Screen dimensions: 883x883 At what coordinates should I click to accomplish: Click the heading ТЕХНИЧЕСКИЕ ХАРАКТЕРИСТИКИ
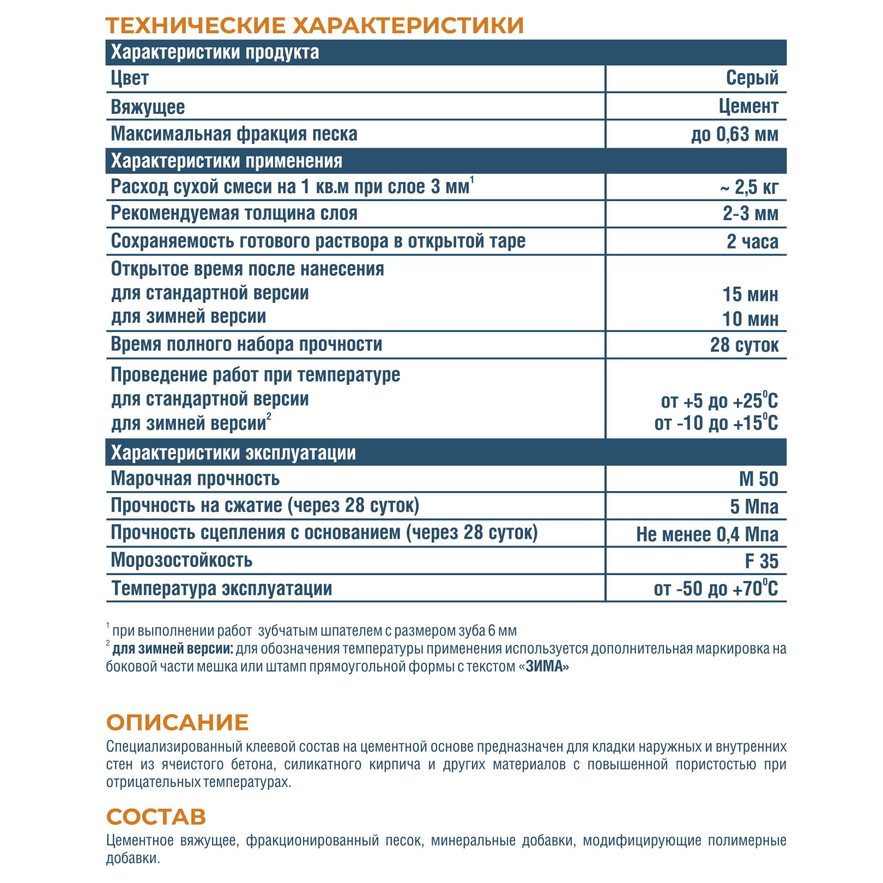click(x=315, y=26)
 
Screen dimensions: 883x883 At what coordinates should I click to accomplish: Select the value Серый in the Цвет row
click(x=752, y=78)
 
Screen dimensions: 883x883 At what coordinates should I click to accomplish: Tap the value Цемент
click(x=748, y=106)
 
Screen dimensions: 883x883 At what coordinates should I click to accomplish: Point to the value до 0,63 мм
click(x=734, y=134)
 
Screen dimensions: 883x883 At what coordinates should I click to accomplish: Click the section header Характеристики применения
click(x=226, y=161)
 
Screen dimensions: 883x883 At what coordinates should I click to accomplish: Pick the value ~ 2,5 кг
click(x=749, y=188)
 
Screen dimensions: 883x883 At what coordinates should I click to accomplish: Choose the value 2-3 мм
click(x=750, y=214)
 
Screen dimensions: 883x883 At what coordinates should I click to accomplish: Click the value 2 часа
click(x=752, y=241)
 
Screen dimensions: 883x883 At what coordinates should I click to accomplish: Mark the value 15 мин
click(x=750, y=294)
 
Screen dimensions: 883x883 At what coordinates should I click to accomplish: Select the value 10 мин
click(x=750, y=319)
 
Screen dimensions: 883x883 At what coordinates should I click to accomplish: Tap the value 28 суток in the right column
click(x=744, y=345)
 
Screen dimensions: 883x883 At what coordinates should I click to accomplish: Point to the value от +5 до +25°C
click(x=719, y=401)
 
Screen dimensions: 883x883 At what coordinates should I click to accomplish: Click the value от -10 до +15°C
click(x=716, y=423)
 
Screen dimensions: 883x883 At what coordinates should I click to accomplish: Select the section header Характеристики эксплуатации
click(x=233, y=452)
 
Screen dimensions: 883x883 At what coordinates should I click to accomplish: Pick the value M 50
click(x=758, y=479)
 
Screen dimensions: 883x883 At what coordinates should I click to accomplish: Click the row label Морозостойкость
click(x=182, y=560)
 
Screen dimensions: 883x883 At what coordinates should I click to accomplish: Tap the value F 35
click(x=761, y=561)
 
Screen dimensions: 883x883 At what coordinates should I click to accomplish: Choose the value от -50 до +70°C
click(x=716, y=589)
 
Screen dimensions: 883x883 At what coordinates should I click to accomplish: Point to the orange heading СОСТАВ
click(x=156, y=817)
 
